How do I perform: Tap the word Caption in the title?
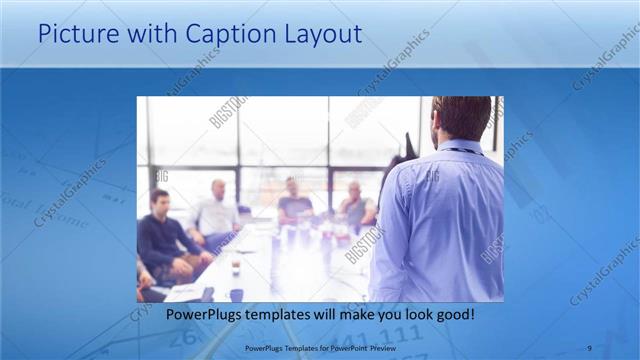[219, 35]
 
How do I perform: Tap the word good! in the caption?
[454, 314]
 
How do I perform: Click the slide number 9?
[589, 347]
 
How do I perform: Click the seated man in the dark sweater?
[165, 240]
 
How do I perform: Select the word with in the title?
[143, 35]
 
